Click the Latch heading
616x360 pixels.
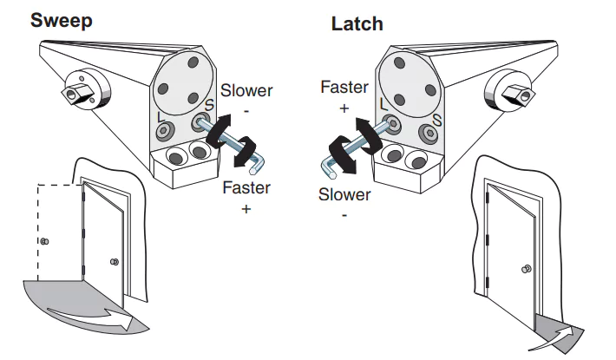coord(357,24)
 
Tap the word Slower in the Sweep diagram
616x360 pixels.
coord(246,90)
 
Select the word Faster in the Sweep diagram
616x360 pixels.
coord(246,187)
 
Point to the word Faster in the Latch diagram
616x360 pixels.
coord(344,87)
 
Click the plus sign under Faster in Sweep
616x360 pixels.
coord(246,209)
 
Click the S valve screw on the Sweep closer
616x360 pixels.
coord(202,124)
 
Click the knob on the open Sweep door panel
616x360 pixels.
coord(114,262)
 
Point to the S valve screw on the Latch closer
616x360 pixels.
coord(428,134)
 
